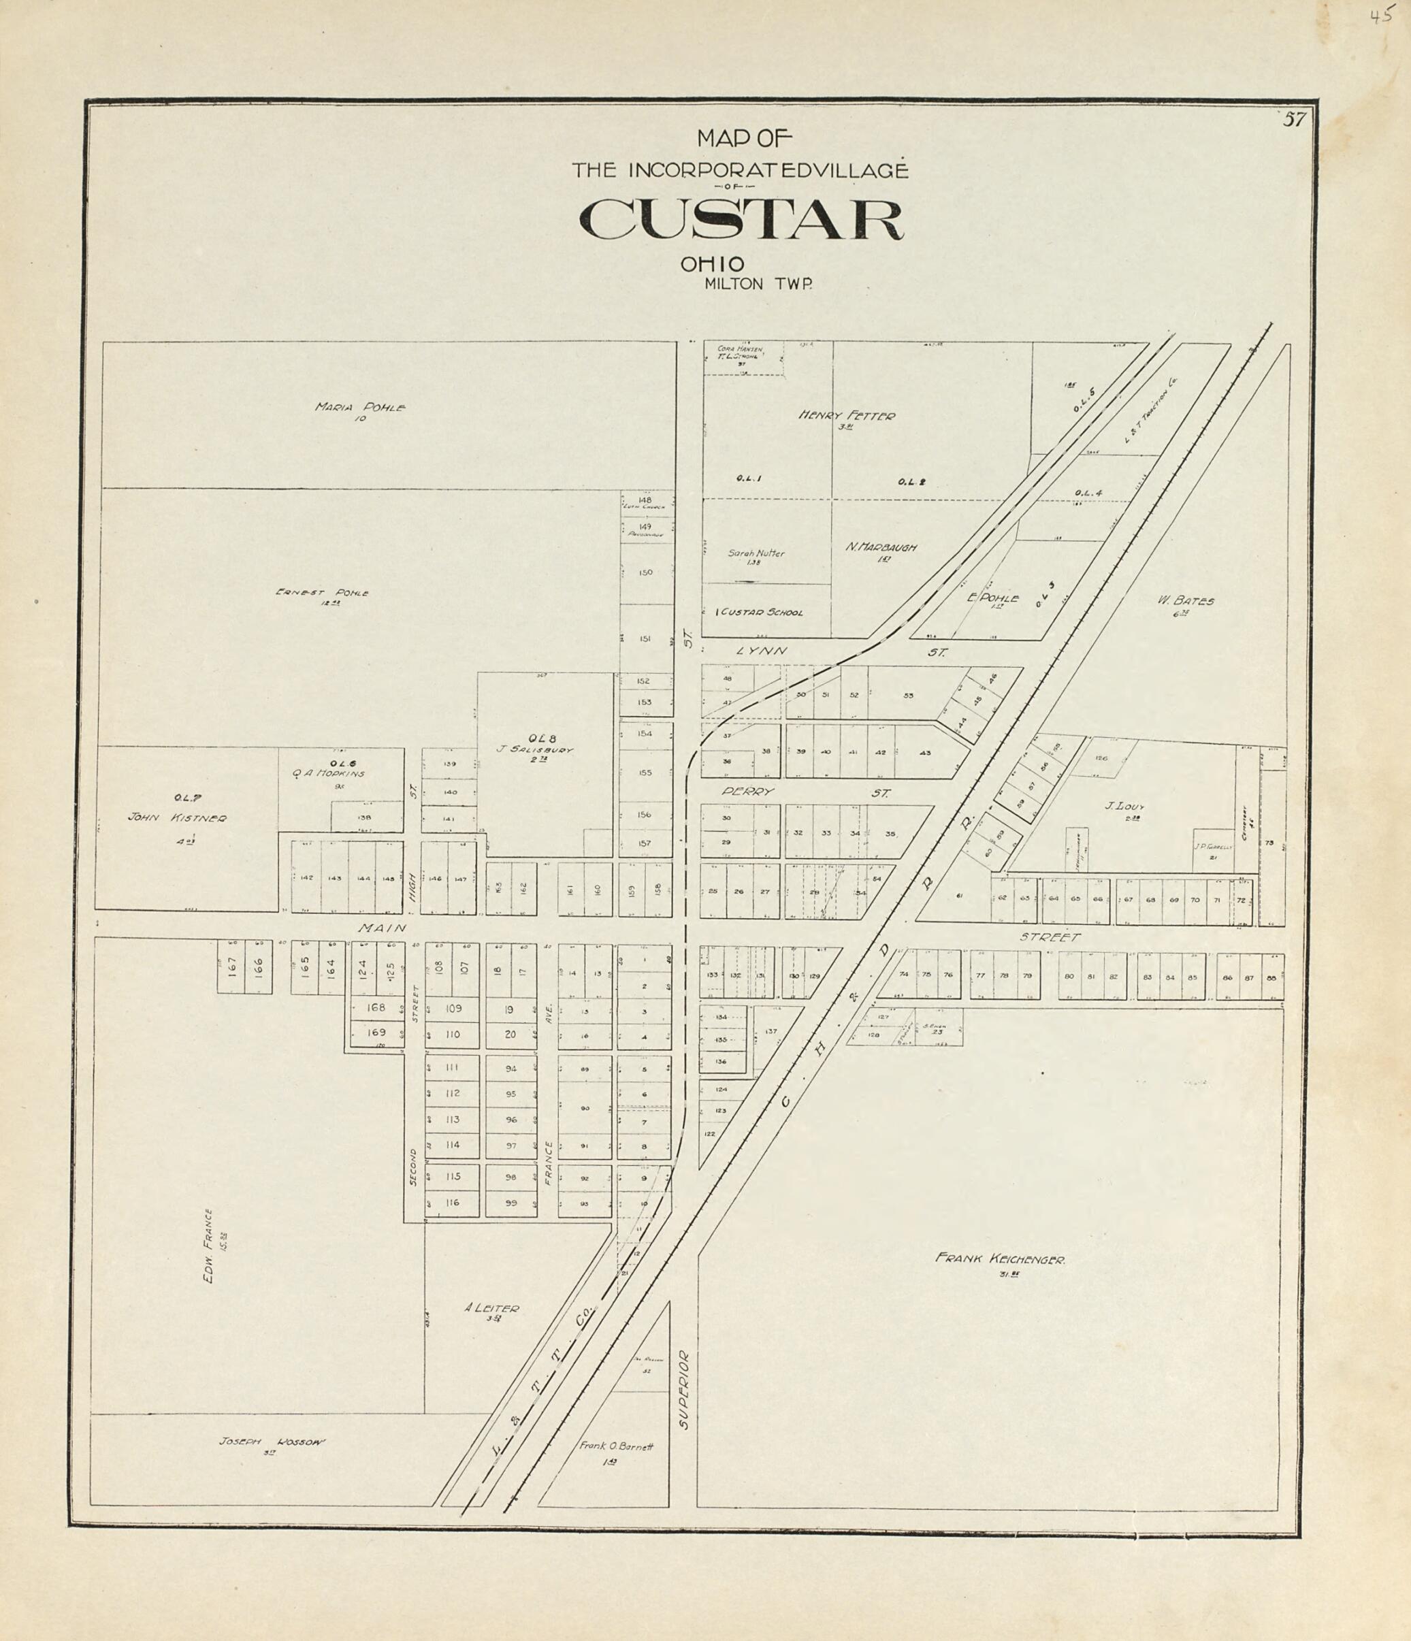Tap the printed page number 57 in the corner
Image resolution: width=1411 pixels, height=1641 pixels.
[1294, 120]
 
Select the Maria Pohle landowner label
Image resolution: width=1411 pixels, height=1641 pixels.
[360, 408]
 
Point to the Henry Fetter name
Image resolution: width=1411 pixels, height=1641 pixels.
[847, 416]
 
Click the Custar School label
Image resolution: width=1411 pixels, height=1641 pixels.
[760, 612]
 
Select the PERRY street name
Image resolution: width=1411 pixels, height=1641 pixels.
[747, 791]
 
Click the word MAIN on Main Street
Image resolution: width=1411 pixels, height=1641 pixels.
[382, 928]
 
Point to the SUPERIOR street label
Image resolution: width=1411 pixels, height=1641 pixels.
[685, 1389]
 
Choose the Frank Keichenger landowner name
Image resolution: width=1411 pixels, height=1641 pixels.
[1000, 1258]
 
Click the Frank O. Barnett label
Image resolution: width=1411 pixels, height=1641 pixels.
[615, 1446]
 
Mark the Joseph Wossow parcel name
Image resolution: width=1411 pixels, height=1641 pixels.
[272, 1442]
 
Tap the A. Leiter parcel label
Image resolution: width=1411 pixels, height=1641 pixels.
[491, 1307]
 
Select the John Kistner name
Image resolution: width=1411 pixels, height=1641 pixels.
[178, 818]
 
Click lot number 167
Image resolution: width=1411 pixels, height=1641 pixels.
[232, 967]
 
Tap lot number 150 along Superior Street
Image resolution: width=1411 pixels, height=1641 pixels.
[645, 572]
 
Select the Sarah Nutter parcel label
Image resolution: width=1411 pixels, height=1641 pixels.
[756, 553]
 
